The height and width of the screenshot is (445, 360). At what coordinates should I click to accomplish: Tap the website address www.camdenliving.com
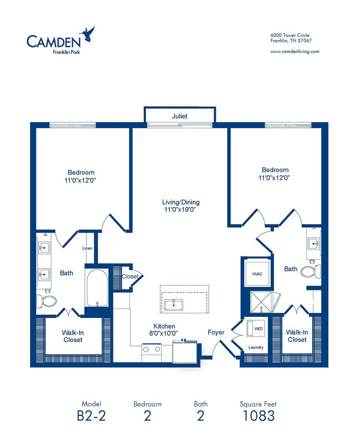coord(295,51)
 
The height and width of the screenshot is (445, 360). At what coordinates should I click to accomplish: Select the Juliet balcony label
coord(180,116)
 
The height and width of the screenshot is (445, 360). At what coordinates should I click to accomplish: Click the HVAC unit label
coord(258,274)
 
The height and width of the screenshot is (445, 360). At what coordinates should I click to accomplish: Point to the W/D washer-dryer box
coord(255,329)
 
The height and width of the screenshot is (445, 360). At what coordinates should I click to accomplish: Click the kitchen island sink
coord(173,305)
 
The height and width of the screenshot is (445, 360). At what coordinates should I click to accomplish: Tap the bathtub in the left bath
coord(97,288)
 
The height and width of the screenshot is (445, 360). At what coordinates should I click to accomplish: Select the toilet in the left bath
coord(46,300)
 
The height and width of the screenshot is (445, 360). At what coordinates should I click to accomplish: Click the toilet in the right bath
coord(310,271)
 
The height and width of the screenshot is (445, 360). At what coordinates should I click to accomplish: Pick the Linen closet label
coord(87,248)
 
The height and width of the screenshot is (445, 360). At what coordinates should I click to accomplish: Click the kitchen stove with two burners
coord(152,353)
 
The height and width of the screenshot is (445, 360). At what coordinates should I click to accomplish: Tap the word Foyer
coord(216,332)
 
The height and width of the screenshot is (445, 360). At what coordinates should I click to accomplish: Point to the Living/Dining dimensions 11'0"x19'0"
coord(181,209)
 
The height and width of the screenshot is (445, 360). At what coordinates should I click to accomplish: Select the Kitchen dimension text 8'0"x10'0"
coord(164,333)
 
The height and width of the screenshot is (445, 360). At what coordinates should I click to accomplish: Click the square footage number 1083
coord(258,416)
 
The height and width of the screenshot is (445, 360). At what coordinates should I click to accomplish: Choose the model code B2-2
coord(91,416)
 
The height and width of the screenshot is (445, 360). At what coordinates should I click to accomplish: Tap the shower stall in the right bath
coord(261,302)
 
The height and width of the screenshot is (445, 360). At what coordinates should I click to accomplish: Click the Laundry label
coord(256,347)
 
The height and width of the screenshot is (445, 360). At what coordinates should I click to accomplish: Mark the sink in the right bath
coord(314,244)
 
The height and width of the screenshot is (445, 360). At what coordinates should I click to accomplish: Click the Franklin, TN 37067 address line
coord(291,40)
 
